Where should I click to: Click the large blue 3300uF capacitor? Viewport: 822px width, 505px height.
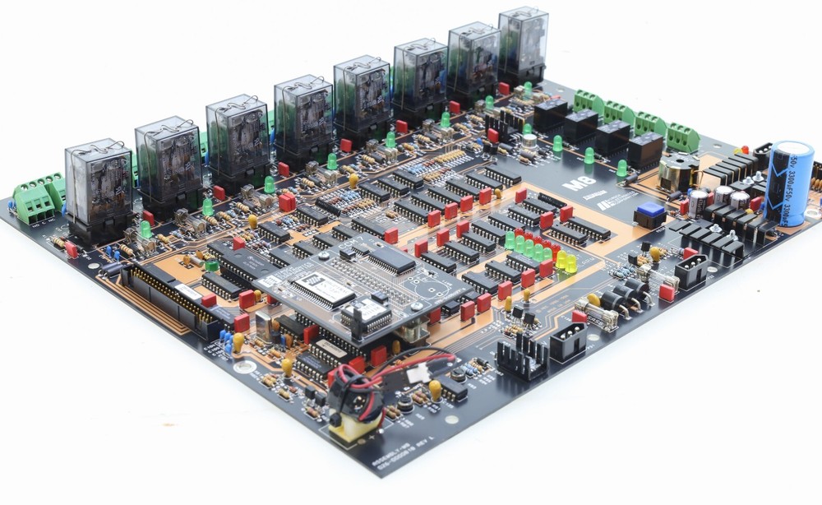tap(788, 183)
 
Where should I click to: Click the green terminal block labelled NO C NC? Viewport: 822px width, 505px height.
tap(38, 200)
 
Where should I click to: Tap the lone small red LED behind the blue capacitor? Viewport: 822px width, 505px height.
tap(745, 150)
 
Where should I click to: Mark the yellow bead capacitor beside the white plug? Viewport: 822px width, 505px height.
tap(435, 388)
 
